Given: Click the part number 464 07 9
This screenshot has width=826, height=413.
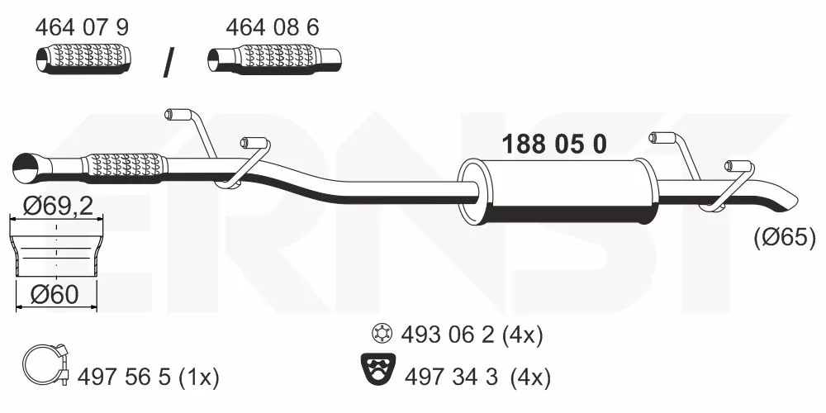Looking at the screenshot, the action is click(82, 27).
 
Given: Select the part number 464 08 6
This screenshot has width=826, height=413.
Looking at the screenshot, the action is click(273, 27).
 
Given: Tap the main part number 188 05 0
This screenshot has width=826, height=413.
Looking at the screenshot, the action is click(555, 144).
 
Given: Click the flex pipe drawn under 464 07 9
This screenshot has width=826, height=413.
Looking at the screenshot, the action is click(83, 58).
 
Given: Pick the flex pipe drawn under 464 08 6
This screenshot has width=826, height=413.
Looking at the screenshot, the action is click(274, 59).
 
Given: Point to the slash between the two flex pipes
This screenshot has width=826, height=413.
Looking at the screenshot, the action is click(169, 62).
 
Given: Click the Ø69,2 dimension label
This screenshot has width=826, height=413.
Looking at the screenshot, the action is click(58, 206).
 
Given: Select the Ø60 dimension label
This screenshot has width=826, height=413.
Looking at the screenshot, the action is click(55, 295).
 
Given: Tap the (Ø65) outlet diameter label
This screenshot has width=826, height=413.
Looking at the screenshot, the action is click(785, 238).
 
